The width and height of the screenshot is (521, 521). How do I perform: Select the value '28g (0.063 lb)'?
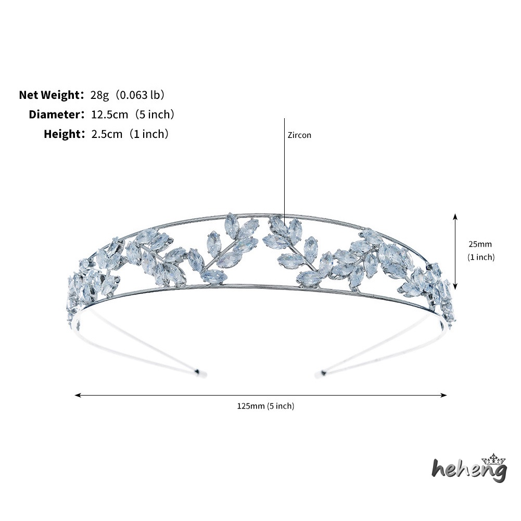(x=128, y=95)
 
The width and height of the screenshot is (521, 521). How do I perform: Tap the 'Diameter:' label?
(x=57, y=115)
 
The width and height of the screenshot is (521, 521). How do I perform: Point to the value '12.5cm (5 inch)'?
(x=133, y=115)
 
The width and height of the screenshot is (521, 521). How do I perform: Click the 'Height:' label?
(x=65, y=134)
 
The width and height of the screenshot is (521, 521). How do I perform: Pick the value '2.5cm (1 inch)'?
(x=130, y=134)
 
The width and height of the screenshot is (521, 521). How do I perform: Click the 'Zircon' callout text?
(x=299, y=135)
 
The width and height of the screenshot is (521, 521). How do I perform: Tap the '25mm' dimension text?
(x=480, y=244)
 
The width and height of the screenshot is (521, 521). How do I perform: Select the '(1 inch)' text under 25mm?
(x=481, y=257)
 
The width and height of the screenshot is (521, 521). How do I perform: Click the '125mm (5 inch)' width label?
(x=265, y=406)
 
